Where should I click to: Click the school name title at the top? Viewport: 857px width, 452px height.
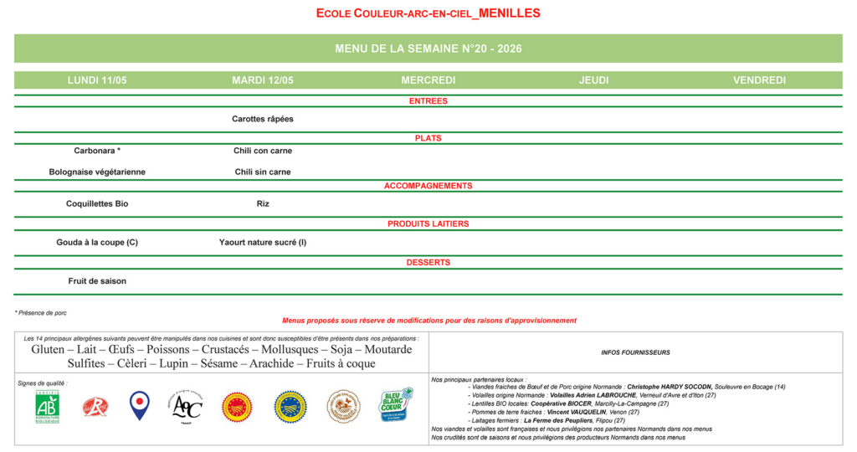coord(428,13)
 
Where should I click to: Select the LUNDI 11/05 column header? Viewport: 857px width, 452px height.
coord(97,80)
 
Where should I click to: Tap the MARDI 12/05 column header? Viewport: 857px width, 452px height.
coord(263,80)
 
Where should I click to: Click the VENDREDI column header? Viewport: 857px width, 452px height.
coord(759,80)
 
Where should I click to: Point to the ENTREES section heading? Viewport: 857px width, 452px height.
coord(428,101)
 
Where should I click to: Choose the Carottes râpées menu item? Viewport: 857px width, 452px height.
coord(263,119)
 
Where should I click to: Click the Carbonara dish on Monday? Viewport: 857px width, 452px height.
coord(97,151)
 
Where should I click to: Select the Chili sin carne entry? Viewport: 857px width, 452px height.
coord(263,172)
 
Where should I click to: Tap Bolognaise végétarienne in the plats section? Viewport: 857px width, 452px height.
coord(97,172)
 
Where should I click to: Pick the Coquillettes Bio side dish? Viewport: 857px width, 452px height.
coord(97,203)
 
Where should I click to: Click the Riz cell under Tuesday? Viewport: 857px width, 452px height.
coord(263,203)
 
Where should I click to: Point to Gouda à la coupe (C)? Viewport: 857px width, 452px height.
coord(97,243)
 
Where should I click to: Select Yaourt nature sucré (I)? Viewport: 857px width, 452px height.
coord(263,243)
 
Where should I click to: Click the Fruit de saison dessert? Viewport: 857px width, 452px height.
coord(97,281)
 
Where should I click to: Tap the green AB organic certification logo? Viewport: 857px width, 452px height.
coord(47,407)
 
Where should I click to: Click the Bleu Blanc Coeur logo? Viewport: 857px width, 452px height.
coord(397,405)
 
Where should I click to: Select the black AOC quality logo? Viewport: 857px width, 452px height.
coord(187,407)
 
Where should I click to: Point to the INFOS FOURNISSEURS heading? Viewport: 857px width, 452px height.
coord(636,352)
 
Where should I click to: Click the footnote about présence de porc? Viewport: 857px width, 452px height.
coord(41,312)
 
